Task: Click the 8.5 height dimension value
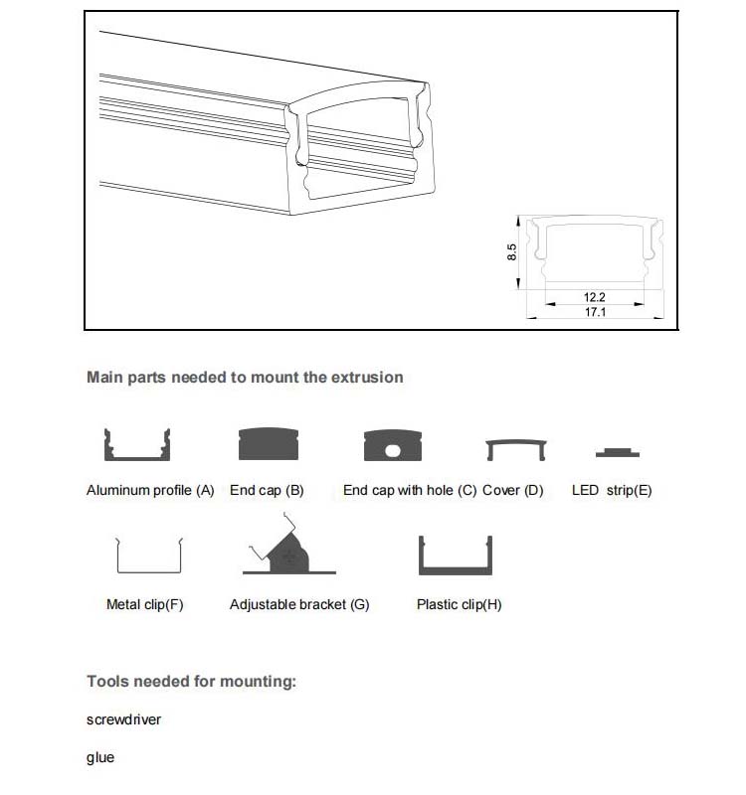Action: pyautogui.click(x=511, y=251)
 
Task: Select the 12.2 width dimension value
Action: pyautogui.click(x=595, y=297)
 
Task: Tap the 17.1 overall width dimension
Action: pyautogui.click(x=595, y=312)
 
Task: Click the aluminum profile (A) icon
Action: pyautogui.click(x=138, y=445)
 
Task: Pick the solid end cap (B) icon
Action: pyautogui.click(x=269, y=445)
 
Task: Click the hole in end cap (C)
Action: pyautogui.click(x=393, y=450)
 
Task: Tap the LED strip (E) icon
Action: pyautogui.click(x=617, y=452)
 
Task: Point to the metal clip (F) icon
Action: pyautogui.click(x=149, y=556)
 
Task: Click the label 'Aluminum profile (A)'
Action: pyautogui.click(x=150, y=491)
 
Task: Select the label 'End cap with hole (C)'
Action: pyautogui.click(x=410, y=491)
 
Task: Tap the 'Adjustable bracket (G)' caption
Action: pyautogui.click(x=299, y=604)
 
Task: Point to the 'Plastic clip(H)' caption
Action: pyautogui.click(x=459, y=604)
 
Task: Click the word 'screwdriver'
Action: pyautogui.click(x=123, y=719)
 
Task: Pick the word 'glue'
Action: pyautogui.click(x=100, y=758)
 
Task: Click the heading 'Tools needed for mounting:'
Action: pyautogui.click(x=192, y=682)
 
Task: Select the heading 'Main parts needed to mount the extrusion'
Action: pyautogui.click(x=245, y=378)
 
